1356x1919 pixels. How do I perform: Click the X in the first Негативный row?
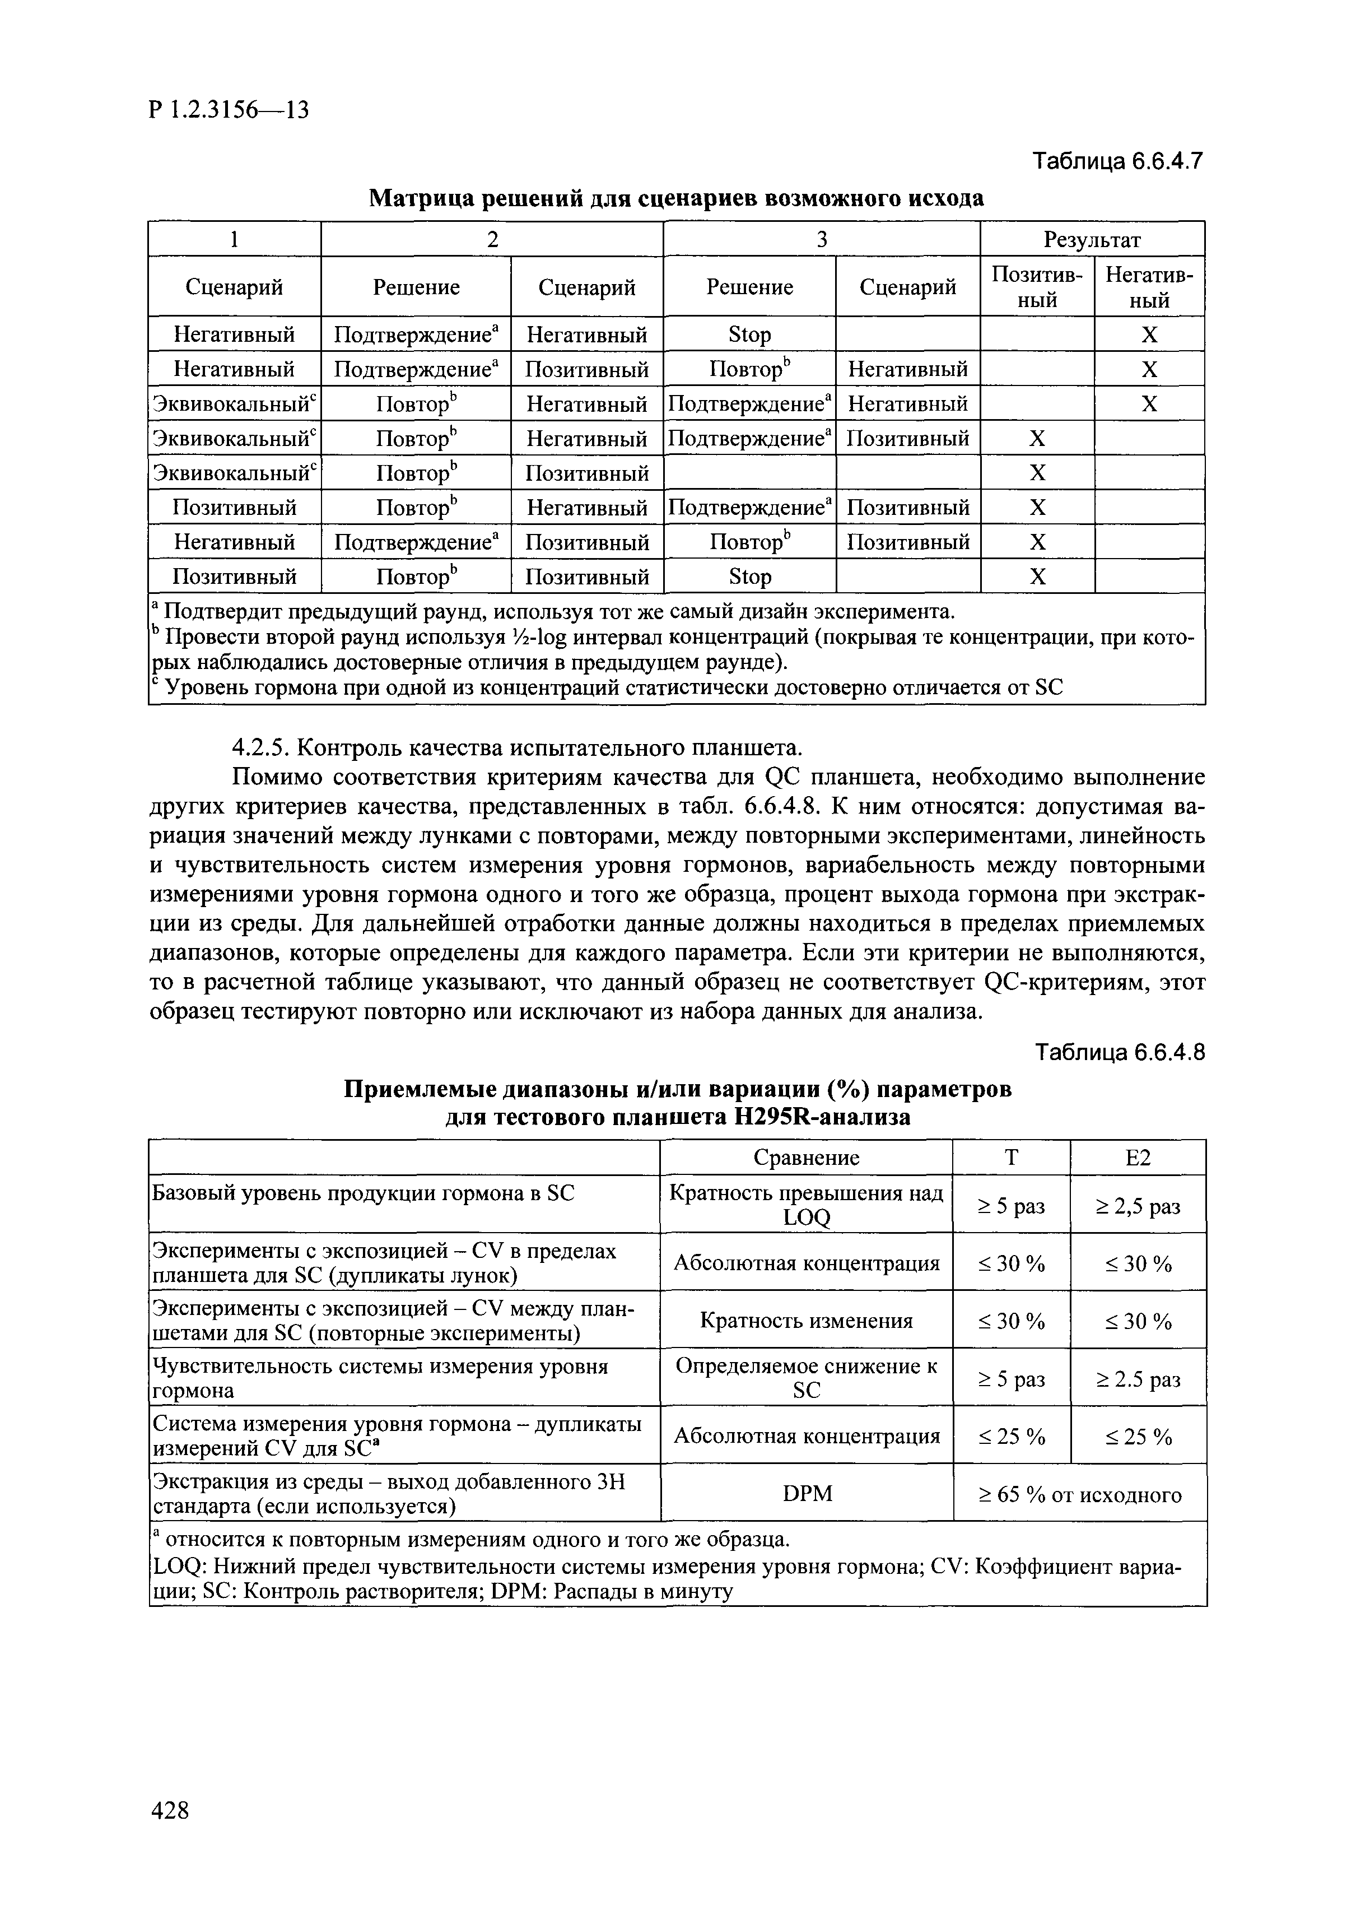pos(1150,335)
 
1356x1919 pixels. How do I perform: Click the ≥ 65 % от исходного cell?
pos(1079,1494)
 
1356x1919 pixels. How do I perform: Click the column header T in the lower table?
pos(1011,1158)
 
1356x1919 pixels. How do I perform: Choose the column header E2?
pos(1138,1158)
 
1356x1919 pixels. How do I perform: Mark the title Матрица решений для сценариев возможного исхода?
pos(676,199)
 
